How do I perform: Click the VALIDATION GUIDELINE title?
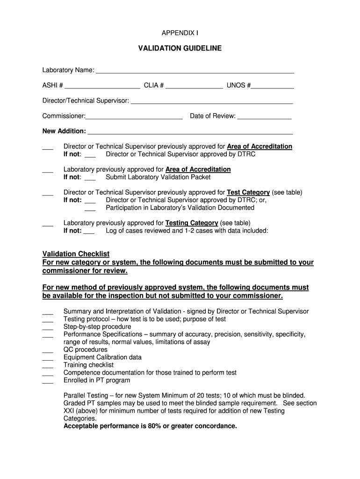click(x=180, y=48)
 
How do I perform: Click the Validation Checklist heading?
click(x=76, y=254)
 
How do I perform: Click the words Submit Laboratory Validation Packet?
click(x=158, y=177)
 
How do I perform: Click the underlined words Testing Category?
click(x=192, y=223)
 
